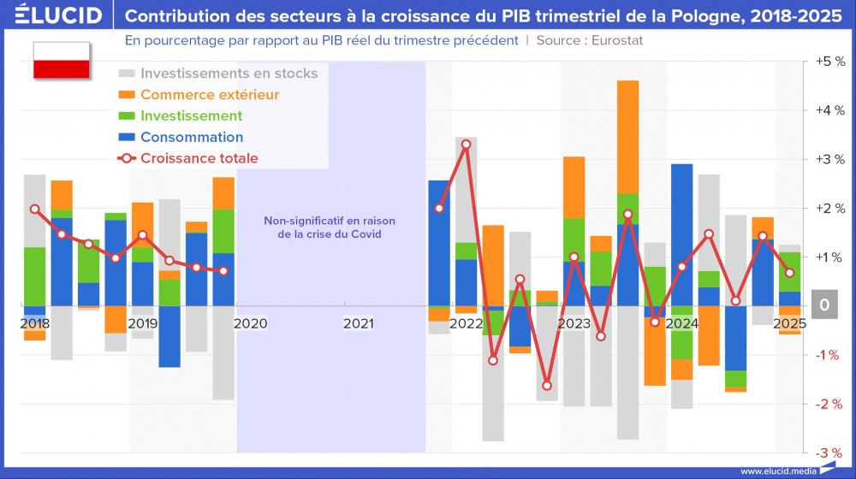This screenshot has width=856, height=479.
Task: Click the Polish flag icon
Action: [61, 60]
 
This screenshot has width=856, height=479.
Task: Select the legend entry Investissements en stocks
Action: [229, 74]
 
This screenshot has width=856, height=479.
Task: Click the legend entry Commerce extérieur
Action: [210, 95]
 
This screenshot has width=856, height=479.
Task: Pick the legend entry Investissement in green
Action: [191, 116]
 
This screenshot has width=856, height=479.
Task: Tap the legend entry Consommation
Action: [192, 138]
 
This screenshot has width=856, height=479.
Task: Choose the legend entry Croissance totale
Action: [199, 158]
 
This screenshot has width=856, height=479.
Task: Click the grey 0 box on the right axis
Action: [823, 305]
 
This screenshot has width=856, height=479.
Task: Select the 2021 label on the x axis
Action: [359, 324]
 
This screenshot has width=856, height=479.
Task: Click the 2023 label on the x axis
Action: [574, 324]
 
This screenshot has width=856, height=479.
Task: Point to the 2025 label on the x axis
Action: [788, 324]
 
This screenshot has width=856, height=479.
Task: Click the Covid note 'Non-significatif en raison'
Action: [330, 221]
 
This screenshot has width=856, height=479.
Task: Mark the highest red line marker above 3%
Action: [466, 145]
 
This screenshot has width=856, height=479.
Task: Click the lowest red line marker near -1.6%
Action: [547, 386]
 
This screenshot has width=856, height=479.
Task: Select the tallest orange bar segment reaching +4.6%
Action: [627, 137]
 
